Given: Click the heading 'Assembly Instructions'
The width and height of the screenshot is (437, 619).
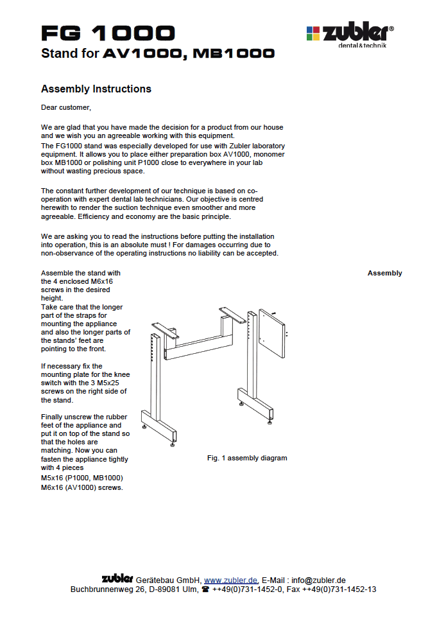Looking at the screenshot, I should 96,89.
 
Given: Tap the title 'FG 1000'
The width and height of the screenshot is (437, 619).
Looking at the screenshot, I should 108,33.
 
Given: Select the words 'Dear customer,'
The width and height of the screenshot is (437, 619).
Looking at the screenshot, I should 66,107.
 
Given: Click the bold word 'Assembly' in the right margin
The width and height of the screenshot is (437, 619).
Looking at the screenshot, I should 384,273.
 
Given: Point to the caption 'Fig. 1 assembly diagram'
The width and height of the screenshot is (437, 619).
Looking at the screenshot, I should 247,458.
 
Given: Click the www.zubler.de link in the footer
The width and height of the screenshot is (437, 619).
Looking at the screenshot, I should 231,580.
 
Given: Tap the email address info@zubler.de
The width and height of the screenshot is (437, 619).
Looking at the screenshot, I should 318,580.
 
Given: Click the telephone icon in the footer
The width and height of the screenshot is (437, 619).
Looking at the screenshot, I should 205,589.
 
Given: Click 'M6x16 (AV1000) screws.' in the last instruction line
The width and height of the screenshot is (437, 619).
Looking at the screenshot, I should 81,487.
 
